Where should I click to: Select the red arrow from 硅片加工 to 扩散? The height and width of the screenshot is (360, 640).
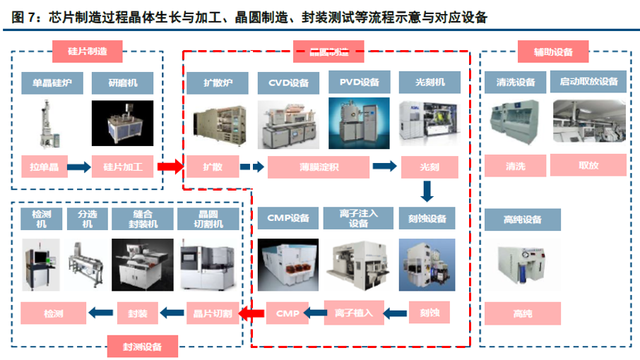170,167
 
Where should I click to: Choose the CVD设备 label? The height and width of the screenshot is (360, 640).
288,83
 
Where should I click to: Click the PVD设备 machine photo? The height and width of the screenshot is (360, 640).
358,124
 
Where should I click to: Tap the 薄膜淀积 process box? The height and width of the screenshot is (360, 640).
319,167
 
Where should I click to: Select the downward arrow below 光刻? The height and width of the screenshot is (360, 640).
426,192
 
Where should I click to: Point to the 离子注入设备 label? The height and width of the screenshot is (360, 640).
358,218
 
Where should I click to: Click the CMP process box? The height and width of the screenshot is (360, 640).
288,311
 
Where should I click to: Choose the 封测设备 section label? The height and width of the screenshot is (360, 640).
142,346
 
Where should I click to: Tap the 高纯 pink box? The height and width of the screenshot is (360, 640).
523,311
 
